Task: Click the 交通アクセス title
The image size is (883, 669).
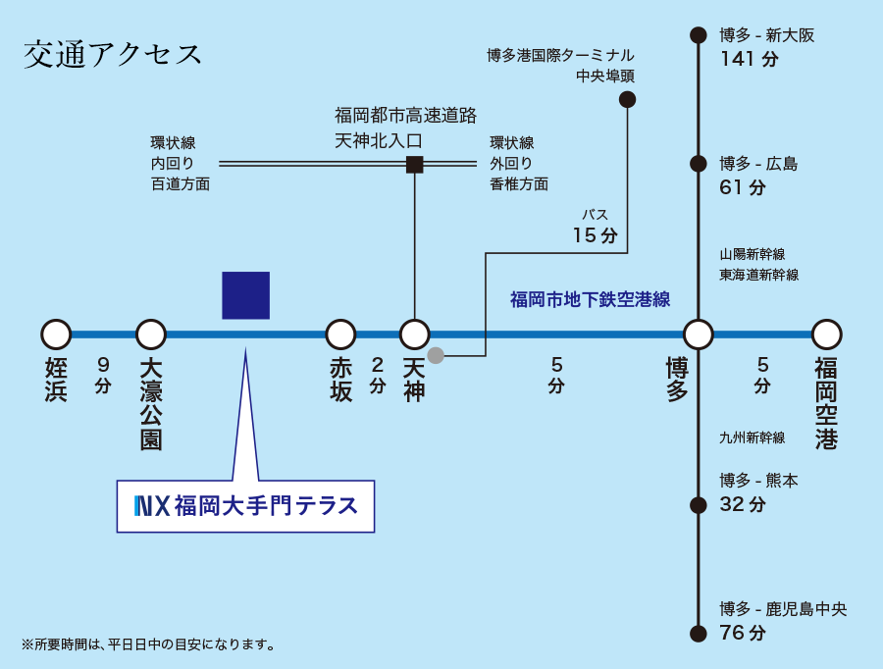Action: [x=114, y=54]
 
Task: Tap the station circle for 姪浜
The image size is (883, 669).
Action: [x=56, y=334]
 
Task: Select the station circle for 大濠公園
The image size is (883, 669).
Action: [x=151, y=334]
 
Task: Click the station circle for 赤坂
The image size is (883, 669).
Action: [x=340, y=334]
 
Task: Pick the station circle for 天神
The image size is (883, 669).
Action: [x=415, y=334]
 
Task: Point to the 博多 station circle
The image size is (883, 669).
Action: [x=698, y=334]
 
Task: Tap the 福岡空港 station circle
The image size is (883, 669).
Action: [x=826, y=334]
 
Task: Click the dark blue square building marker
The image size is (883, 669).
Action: [x=245, y=295]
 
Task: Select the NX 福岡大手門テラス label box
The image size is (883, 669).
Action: [x=245, y=506]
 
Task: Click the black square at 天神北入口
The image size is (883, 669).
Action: [x=415, y=164]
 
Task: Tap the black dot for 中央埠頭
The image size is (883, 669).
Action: [x=628, y=99]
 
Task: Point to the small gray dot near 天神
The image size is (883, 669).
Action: [x=436, y=355]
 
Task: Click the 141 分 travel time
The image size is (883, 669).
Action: [x=749, y=59]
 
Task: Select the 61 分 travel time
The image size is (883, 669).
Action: [x=743, y=187]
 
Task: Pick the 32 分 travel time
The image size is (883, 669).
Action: [x=743, y=504]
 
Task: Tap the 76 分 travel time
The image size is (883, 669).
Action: [x=743, y=633]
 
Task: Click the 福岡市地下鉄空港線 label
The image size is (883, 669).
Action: [x=590, y=300]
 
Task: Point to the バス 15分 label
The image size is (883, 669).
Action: [x=596, y=227]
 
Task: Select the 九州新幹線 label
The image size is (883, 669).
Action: [x=752, y=437]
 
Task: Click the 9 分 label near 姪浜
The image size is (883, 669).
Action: [x=103, y=374]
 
